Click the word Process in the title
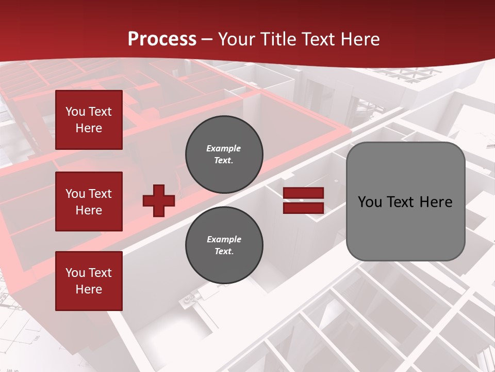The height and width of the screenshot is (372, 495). point(162,39)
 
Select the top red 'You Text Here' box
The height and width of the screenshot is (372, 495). point(89,120)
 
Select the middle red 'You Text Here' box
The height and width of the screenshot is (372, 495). point(89,202)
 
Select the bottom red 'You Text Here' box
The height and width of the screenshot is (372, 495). point(89,281)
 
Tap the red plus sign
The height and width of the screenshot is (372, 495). point(159,200)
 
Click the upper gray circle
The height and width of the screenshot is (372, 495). point(224,154)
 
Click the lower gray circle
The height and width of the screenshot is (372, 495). point(224,245)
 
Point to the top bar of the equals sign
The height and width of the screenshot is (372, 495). point(304,193)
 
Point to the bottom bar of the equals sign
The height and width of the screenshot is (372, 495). point(304,208)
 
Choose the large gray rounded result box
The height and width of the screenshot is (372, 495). point(405,202)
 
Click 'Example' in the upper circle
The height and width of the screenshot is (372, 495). point(224,148)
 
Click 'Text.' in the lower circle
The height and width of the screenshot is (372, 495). point(224,252)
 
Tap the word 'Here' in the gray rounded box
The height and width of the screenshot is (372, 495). point(436,202)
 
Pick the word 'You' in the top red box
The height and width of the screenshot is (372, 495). point(75,112)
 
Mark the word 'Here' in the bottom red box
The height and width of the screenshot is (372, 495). point(89,289)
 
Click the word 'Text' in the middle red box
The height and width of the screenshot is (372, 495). point(100,194)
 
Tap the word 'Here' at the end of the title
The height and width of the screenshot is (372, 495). point(361,39)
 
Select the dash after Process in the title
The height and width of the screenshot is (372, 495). point(207,39)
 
